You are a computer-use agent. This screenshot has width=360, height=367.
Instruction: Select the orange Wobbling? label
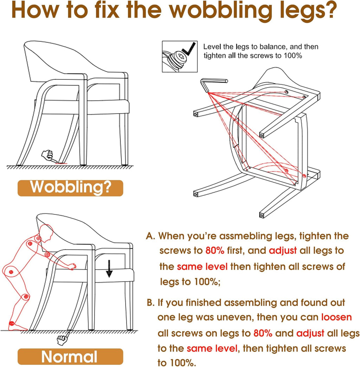(x=70, y=188)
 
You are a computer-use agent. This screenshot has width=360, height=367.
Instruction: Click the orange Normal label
(x=70, y=356)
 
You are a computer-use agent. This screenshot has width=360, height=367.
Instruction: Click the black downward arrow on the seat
(x=109, y=269)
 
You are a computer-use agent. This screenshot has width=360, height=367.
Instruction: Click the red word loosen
(x=336, y=317)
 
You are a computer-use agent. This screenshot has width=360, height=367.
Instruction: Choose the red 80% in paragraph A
(x=215, y=250)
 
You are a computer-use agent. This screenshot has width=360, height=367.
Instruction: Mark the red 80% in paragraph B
(x=263, y=333)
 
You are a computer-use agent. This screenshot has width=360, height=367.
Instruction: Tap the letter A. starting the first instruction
(x=150, y=236)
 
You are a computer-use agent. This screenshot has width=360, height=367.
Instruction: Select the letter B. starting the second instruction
(x=151, y=303)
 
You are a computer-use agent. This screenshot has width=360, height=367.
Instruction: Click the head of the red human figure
(x=46, y=233)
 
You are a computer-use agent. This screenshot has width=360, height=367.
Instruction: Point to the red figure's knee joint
(x=26, y=297)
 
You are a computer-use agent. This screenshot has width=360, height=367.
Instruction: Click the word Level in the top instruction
(x=212, y=47)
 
